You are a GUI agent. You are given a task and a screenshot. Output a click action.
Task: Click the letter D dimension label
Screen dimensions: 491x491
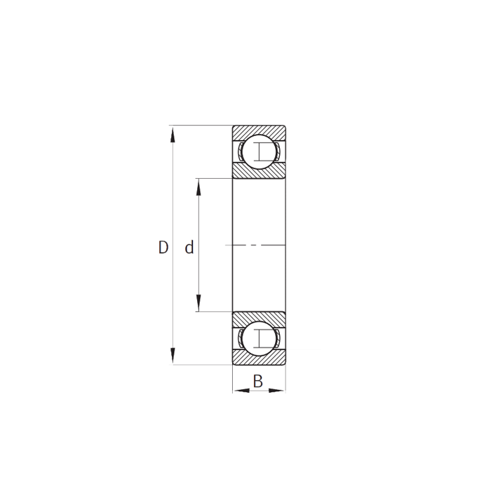[163, 248]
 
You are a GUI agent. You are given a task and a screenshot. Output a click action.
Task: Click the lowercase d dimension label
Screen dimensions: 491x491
[189, 248]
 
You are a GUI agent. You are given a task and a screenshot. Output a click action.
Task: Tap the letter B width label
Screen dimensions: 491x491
[257, 382]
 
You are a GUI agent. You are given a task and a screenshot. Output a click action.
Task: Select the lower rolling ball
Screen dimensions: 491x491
[259, 338]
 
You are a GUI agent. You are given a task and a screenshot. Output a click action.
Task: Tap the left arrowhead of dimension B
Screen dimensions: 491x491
[238, 390]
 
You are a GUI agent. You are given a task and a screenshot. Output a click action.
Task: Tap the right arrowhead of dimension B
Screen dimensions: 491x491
[280, 390]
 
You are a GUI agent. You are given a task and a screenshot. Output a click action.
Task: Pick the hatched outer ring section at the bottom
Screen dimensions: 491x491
[259, 359]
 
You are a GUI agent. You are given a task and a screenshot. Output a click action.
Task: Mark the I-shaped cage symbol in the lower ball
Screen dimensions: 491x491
[261, 338]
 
